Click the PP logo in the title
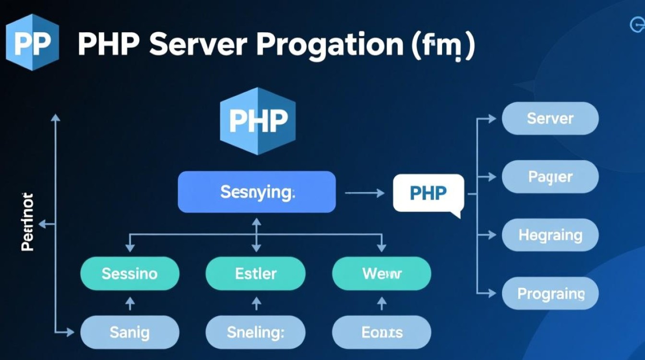(32, 42)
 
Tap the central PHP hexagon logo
(258, 121)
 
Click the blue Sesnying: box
(257, 192)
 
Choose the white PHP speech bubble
(428, 193)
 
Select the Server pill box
(550, 119)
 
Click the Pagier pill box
(550, 177)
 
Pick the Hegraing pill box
(550, 235)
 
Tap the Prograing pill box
(550, 293)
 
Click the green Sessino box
(130, 274)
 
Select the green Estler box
(256, 274)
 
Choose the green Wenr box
(382, 274)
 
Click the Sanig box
(130, 332)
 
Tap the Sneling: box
(256, 332)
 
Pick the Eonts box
(382, 332)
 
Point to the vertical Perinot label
(27, 222)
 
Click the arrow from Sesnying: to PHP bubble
(364, 193)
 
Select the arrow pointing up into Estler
(256, 303)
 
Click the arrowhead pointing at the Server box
(492, 119)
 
